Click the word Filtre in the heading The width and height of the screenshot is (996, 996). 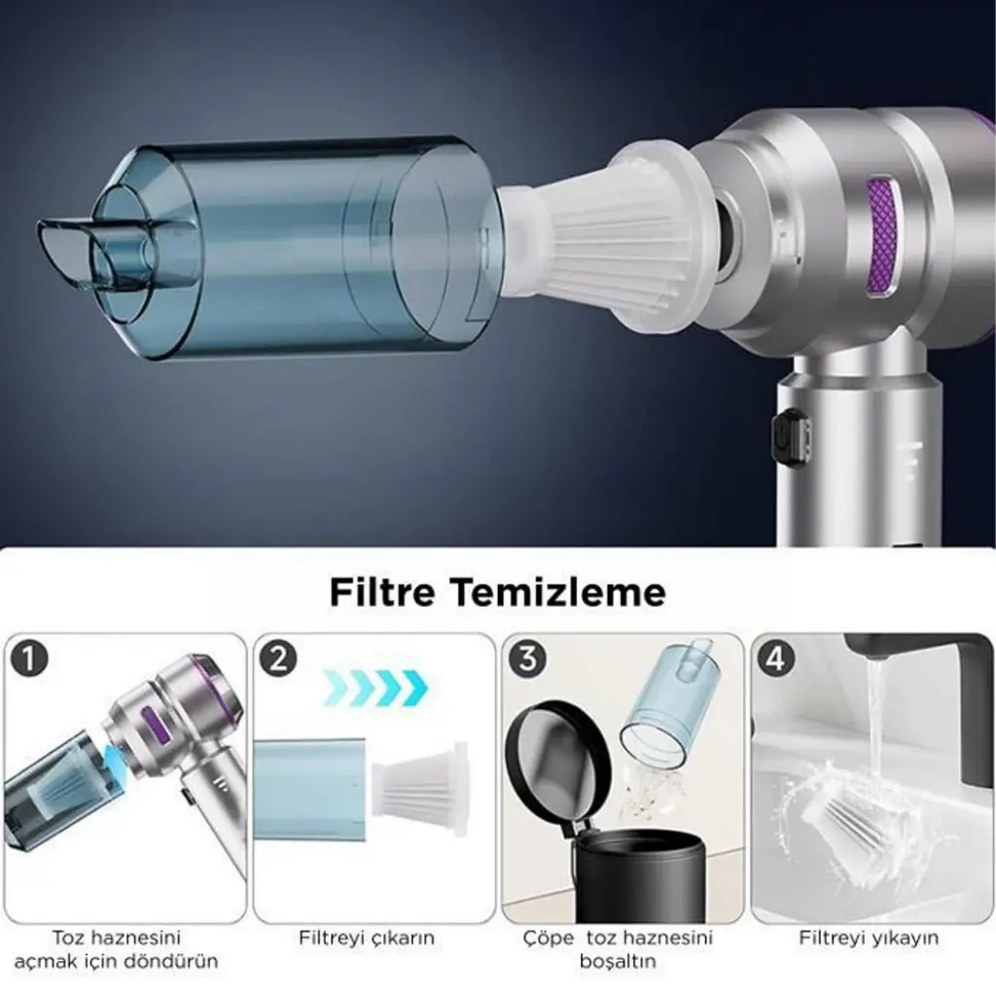(382, 592)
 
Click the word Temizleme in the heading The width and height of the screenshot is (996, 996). (558, 592)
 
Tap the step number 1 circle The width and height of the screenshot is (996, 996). (29, 658)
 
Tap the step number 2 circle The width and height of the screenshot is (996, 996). (278, 658)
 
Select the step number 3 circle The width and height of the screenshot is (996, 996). (527, 658)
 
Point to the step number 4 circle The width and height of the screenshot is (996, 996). (776, 658)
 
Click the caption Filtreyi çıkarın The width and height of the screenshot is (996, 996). (367, 939)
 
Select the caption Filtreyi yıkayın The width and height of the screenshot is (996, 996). (869, 939)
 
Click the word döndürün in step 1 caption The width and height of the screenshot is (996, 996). (173, 960)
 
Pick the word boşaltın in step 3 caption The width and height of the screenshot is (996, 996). (618, 961)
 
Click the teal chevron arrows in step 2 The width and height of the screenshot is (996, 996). (374, 688)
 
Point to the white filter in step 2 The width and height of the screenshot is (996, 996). (419, 786)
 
